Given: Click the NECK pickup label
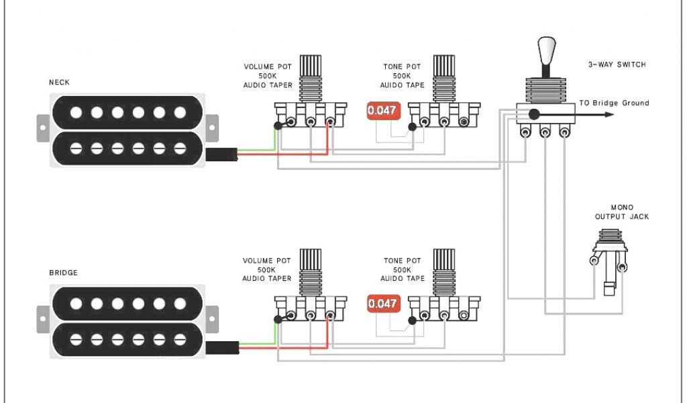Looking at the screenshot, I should [x=59, y=83].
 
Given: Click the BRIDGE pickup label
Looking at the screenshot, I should [x=63, y=273].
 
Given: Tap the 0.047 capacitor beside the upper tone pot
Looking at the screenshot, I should [x=382, y=111].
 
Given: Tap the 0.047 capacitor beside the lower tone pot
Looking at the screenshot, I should [x=382, y=304].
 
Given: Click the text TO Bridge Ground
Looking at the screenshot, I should [x=614, y=103].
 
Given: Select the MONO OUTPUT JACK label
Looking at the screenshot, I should [x=622, y=212].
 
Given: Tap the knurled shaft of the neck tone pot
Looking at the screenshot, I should [x=444, y=68].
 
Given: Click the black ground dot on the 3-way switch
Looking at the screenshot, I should [x=534, y=114].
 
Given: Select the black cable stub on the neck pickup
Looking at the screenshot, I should [x=221, y=154].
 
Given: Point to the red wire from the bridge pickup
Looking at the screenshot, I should [x=282, y=347].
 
